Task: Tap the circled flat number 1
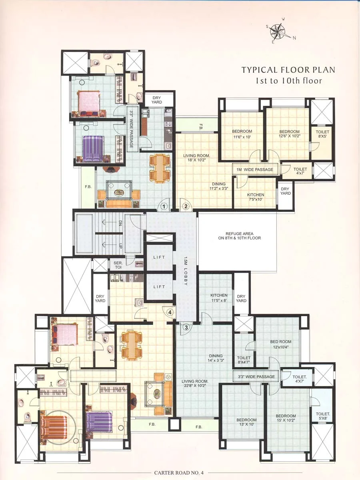click(x=164, y=206)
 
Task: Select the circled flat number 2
click(x=186, y=206)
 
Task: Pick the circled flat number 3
click(x=186, y=327)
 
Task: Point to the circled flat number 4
click(x=170, y=312)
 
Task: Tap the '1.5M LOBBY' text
click(x=186, y=271)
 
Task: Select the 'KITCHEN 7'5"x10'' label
click(x=255, y=197)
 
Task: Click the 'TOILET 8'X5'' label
click(x=322, y=134)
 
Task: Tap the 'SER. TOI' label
click(x=118, y=265)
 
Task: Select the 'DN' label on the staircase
click(x=120, y=224)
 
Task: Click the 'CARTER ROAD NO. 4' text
click(x=179, y=473)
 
